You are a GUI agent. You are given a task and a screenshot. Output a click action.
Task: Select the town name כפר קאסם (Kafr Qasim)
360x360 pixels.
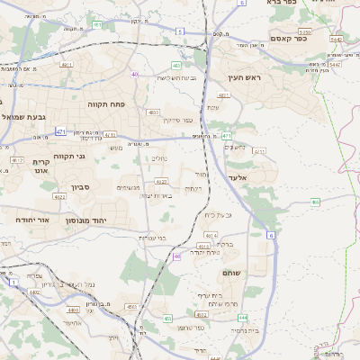coord(289,38)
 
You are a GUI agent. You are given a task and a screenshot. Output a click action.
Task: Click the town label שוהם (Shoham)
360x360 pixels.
coord(231,274)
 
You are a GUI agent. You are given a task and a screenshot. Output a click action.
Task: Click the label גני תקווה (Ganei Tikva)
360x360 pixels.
coord(69,156)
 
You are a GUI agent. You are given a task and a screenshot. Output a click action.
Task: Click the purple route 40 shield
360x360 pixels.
coord(135,75)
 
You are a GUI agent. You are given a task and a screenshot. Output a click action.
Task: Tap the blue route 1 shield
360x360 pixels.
coord(13,283)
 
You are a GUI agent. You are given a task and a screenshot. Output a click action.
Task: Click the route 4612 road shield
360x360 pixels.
coord(15,159)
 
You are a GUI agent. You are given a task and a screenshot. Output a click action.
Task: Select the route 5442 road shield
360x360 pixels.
coord(336,40)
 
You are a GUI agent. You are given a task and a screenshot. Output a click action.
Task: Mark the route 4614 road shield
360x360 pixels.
coord(210,235)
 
